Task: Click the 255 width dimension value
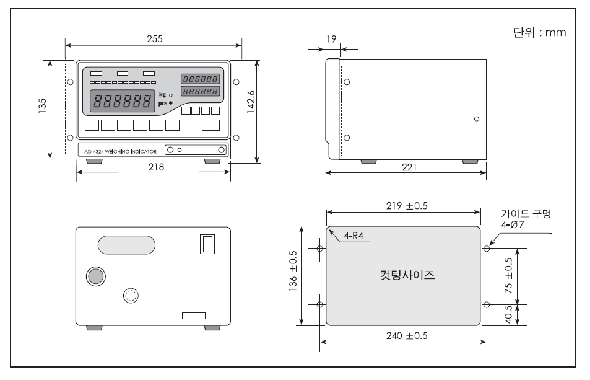coord(155,39)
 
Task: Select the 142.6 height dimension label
coord(251,102)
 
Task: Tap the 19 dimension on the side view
coord(331,39)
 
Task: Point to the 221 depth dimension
coord(409,167)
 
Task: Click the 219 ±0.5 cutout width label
coord(407,206)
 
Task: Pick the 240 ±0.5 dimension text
coord(407,335)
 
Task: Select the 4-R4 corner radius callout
coord(354,236)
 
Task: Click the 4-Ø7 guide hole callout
coord(512,225)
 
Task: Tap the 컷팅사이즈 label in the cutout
coord(407,275)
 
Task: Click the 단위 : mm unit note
coord(540,32)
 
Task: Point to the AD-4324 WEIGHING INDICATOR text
coord(120,152)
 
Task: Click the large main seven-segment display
coord(123,101)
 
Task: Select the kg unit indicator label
coord(162,94)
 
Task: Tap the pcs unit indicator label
coord(163,103)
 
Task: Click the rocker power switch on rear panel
coord(207,244)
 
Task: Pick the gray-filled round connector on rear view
coord(95,276)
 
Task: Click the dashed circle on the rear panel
coord(131,296)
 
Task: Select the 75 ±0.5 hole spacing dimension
coord(508,276)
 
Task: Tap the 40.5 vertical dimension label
coord(508,315)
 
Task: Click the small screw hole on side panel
coord(477,119)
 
